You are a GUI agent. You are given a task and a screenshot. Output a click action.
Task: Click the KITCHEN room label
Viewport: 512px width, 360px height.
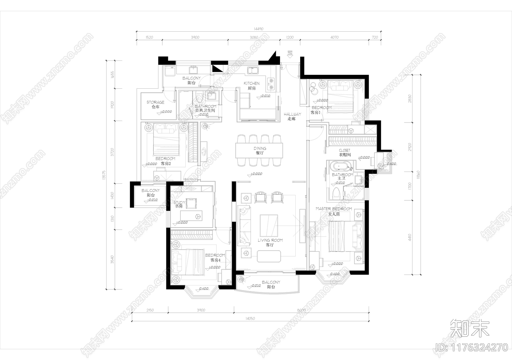252,84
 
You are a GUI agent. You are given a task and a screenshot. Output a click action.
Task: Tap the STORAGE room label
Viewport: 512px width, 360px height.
156,102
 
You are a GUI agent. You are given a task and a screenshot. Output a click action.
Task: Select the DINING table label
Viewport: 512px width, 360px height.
260,148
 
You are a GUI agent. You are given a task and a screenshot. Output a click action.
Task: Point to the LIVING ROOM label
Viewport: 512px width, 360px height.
270,240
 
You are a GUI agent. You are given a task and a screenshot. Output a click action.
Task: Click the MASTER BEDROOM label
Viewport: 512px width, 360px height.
334,209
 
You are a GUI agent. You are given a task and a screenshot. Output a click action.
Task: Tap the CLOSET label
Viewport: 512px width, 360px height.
345,150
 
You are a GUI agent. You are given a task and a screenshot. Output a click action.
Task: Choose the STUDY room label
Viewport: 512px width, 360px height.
179,203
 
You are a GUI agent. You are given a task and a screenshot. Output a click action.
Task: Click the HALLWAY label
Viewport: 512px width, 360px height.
292,114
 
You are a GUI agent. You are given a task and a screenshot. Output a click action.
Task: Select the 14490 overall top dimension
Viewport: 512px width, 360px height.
258,29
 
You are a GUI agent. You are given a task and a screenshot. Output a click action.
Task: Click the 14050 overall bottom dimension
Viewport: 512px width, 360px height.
250,319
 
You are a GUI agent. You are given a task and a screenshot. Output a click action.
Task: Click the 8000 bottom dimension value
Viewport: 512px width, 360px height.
301,310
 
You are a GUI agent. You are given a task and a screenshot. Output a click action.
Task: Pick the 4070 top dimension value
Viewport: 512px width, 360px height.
334,37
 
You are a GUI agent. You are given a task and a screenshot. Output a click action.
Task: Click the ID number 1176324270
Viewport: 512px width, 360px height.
472,347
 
